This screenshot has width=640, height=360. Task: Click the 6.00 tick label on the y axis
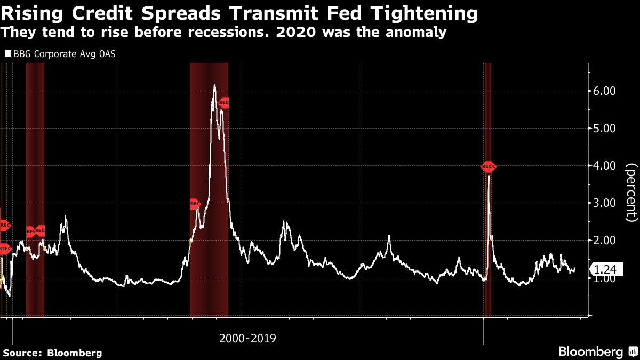(x=605, y=91)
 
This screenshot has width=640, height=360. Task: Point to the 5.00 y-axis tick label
(x=605, y=129)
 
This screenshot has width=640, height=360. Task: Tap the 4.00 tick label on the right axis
(x=605, y=166)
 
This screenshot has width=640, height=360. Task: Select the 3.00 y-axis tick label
(x=605, y=203)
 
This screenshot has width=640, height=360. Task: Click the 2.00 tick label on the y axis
(x=605, y=241)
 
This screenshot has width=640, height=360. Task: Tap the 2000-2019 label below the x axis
(x=247, y=338)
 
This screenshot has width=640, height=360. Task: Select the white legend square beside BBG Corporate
(x=7, y=54)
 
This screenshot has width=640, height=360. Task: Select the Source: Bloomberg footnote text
(x=52, y=353)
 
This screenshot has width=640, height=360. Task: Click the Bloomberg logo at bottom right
(x=590, y=352)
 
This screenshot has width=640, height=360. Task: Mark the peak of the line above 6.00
(x=214, y=84)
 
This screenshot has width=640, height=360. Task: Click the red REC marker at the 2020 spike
(x=488, y=167)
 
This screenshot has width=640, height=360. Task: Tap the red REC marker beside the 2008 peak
(x=224, y=103)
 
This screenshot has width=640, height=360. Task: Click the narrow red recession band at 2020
(x=487, y=240)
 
